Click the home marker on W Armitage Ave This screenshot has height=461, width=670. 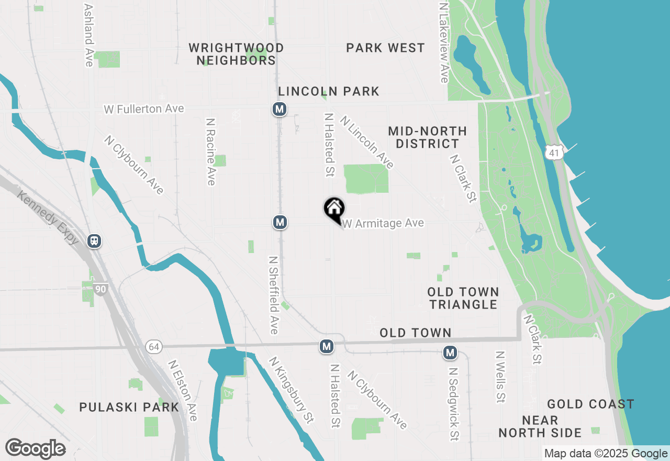coord(334,210)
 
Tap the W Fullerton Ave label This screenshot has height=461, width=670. coord(144,109)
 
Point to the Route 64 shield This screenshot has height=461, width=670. coord(153,347)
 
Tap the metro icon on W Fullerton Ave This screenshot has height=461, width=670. coord(280,109)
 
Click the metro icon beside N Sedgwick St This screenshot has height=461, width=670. coord(450,353)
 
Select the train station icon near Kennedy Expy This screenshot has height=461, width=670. coord(95,241)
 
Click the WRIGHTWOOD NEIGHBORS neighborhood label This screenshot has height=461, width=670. coord(236,54)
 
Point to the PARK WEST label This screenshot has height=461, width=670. coord(385,48)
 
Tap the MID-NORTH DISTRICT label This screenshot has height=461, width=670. coord(428,137)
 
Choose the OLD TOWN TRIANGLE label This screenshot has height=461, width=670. coord(463,298)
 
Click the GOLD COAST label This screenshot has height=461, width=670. coord(590,404)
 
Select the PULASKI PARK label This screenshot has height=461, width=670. coord(129,407)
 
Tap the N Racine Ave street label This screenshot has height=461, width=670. coord(211,151)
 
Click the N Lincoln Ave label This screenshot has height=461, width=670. coord(366,142)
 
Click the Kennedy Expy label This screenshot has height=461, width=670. coord(48,218)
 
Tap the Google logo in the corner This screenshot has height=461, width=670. coord(35,449)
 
